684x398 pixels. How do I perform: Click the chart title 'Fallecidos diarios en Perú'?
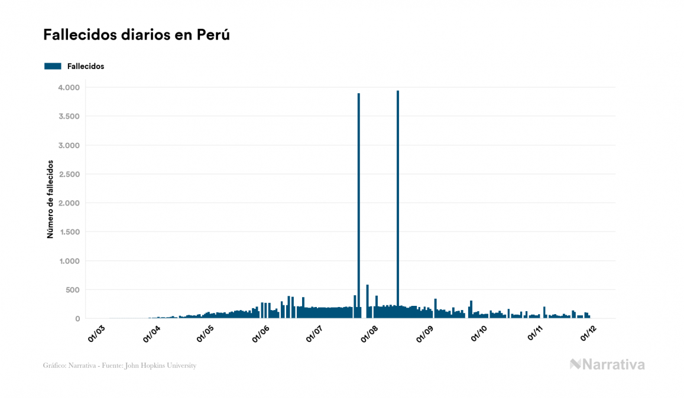(x=136, y=35)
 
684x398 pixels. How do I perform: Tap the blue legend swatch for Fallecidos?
(x=53, y=66)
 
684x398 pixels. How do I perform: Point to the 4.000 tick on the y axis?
(x=69, y=87)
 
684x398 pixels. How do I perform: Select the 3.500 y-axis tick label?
(x=69, y=116)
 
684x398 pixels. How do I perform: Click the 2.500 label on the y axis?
(x=69, y=174)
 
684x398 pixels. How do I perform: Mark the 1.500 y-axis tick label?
(x=69, y=232)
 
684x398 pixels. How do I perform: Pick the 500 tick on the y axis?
(x=72, y=290)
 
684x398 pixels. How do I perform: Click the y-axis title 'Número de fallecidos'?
(x=50, y=198)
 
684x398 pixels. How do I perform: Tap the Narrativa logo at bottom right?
(x=607, y=364)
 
